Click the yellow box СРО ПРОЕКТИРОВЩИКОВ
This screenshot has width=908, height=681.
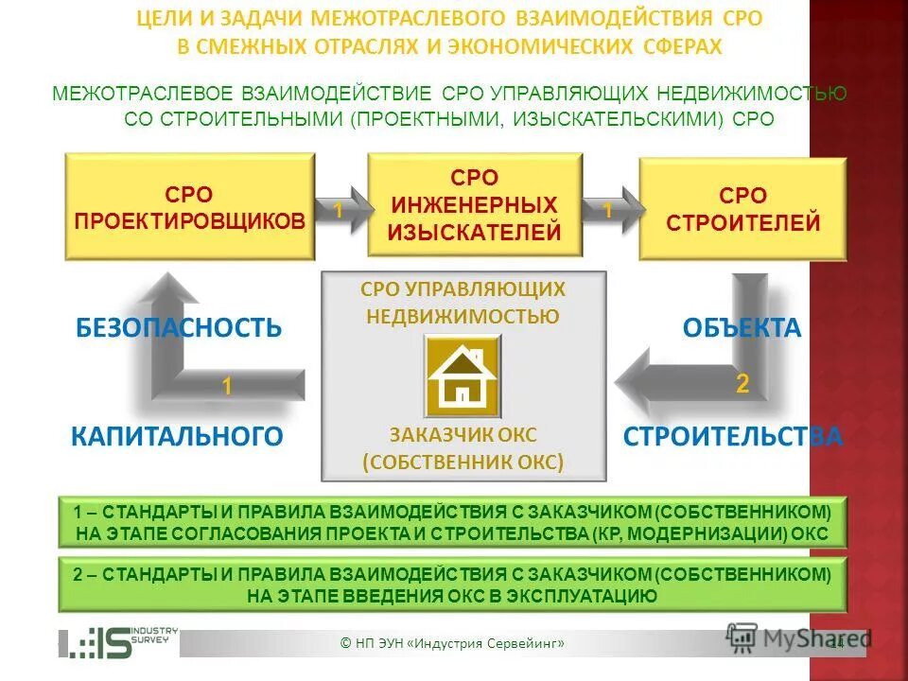tap(189, 208)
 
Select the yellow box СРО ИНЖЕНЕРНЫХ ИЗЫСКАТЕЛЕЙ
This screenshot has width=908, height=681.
tap(475, 205)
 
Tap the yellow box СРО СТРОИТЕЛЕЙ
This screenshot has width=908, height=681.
tap(742, 209)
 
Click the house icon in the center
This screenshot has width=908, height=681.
tap(463, 375)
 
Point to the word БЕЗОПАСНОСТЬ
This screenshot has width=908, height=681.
tap(179, 328)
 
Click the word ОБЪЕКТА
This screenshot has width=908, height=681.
tap(742, 328)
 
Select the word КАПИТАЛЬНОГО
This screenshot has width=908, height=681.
tap(178, 436)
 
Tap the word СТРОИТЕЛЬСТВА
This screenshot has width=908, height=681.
tap(732, 436)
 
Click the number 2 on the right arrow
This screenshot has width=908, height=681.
tap(742, 384)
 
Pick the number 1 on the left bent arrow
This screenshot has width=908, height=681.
tap(227, 386)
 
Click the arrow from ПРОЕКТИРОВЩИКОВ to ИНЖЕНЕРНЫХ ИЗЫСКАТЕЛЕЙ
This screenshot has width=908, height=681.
tap(340, 212)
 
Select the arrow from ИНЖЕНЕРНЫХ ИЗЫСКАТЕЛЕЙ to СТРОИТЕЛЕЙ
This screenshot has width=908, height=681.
tap(610, 212)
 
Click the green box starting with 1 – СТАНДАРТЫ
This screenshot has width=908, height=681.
tap(452, 522)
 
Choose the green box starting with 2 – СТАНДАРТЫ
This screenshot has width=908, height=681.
tap(452, 585)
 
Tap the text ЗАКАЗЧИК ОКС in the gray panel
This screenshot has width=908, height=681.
tap(463, 435)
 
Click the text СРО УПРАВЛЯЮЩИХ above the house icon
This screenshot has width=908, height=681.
tap(463, 288)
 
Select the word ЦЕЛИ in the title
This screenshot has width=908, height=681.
tap(159, 19)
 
